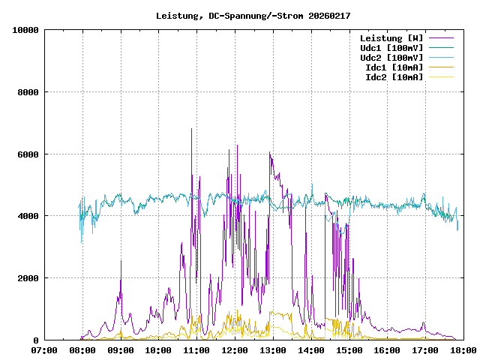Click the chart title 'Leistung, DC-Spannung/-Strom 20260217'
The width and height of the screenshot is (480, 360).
pyautogui.click(x=253, y=16)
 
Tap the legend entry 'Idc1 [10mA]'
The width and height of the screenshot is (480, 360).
pyautogui.click(x=394, y=67)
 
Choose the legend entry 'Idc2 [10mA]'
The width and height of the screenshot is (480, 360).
pyautogui.click(x=394, y=77)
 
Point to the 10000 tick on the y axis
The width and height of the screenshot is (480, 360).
pyautogui.click(x=26, y=30)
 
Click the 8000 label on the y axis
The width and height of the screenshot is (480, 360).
pyautogui.click(x=28, y=92)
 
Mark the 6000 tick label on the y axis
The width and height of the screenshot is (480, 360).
pyautogui.click(x=28, y=154)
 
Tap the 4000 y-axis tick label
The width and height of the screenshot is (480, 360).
pyautogui.click(x=28, y=216)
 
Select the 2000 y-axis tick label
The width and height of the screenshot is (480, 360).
pyautogui.click(x=28, y=278)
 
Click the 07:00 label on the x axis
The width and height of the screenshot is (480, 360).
pyautogui.click(x=44, y=349)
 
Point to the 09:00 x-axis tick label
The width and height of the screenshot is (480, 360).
pyautogui.click(x=121, y=349)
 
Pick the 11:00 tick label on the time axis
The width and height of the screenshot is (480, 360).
pyautogui.click(x=196, y=349)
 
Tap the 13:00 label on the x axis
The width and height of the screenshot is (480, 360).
pyautogui.click(x=273, y=349)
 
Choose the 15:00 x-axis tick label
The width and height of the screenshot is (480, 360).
pyautogui.click(x=349, y=349)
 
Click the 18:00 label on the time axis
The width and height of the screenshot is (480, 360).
pyautogui.click(x=463, y=349)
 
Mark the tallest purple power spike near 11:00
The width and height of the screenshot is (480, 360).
pyautogui.click(x=191, y=129)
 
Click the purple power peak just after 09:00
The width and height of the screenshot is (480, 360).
pyautogui.click(x=121, y=262)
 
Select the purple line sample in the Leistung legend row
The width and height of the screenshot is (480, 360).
pyautogui.click(x=441, y=38)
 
